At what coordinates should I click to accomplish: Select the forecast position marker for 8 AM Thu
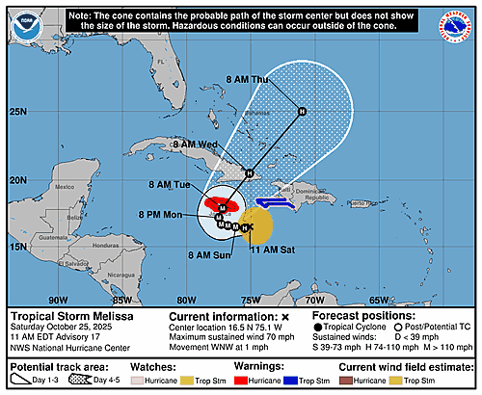302,111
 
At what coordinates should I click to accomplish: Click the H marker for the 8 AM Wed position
249,173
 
